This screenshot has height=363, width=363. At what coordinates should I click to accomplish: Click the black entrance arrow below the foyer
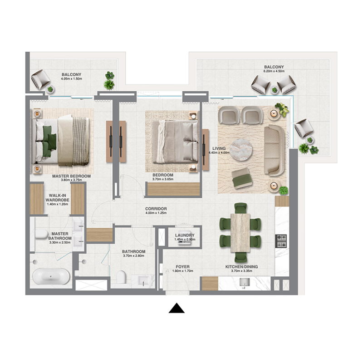coord(177,308)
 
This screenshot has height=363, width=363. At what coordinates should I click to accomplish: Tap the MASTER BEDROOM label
coord(72,176)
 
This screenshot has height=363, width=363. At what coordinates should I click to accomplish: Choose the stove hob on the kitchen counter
coord(281,238)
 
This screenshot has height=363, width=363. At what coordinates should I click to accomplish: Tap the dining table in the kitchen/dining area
coord(240,232)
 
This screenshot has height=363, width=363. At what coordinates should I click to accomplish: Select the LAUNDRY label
coord(185,235)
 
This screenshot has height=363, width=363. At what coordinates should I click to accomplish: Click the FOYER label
coord(183,267)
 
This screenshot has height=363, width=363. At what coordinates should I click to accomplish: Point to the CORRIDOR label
coord(157,209)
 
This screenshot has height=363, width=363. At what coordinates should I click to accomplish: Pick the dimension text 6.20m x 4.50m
coord(274,72)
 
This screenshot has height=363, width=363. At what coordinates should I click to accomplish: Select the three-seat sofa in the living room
coord(274,150)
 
